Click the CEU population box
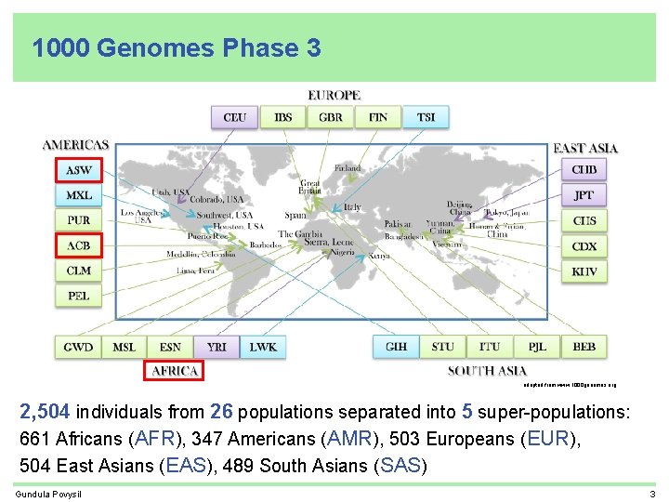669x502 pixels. (x=235, y=117)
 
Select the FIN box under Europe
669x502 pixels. (x=378, y=117)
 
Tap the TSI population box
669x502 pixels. (x=426, y=117)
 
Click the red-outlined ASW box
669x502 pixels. (x=78, y=170)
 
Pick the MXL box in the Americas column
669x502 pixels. (x=78, y=195)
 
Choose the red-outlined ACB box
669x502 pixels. (x=78, y=245)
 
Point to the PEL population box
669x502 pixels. (x=78, y=297)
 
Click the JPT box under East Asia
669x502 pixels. (x=584, y=195)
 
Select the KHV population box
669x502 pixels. (x=584, y=271)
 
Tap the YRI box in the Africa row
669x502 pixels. (x=216, y=347)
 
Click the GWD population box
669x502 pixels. (x=78, y=347)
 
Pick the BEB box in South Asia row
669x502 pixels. (x=584, y=347)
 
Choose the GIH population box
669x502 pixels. (x=396, y=347)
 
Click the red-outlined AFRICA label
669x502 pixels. (x=175, y=371)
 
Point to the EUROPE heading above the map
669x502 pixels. (x=334, y=95)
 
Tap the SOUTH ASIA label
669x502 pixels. (x=487, y=371)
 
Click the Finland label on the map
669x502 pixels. (x=348, y=168)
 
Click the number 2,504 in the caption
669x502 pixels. (x=46, y=412)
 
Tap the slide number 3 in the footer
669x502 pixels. (x=653, y=494)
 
